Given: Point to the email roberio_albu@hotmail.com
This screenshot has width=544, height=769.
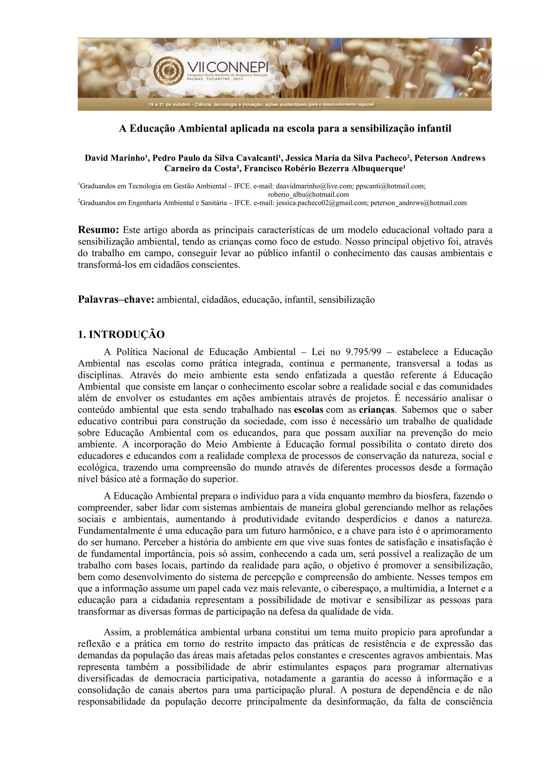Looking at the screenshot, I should coord(308,195).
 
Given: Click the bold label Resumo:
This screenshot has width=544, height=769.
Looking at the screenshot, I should coord(99,230).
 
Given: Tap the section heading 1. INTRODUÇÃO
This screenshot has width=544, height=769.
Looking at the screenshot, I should coord(121,335).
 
